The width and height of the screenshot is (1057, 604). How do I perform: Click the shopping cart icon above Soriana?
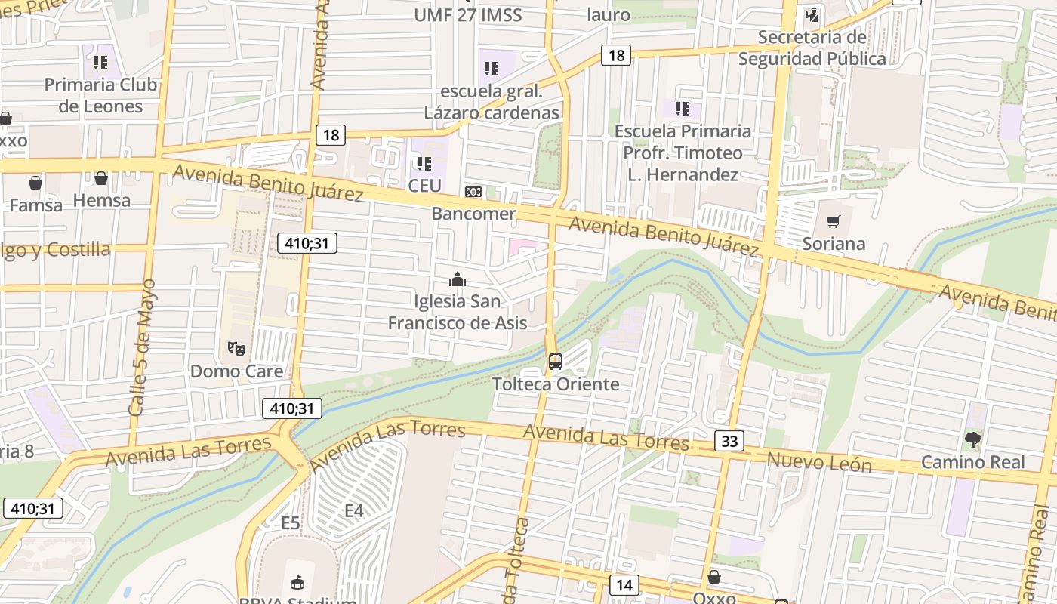[833, 221]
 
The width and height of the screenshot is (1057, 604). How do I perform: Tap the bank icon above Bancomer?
[473, 192]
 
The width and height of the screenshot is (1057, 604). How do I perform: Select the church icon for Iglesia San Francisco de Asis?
[457, 279]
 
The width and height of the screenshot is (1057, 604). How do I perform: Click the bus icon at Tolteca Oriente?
[556, 362]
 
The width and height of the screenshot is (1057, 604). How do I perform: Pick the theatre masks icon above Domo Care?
[236, 349]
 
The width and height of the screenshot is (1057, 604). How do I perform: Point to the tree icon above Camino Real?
[973, 439]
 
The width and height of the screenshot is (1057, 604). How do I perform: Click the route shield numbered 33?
[729, 440]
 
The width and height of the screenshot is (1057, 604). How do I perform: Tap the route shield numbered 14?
[624, 584]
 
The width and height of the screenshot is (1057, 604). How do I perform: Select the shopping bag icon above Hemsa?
[101, 178]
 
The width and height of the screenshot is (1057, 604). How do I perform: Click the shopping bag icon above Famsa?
[35, 182]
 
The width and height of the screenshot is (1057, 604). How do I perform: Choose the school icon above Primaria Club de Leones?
[100, 62]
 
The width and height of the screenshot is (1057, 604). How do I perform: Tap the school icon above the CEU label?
[424, 163]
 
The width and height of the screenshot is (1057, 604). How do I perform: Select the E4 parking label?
[354, 511]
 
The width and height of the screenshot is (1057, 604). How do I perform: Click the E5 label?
[291, 523]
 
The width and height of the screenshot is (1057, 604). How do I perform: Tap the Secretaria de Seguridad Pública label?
[812, 48]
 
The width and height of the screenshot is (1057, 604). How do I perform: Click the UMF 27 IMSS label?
[467, 14]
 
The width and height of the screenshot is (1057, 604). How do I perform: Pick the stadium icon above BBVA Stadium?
[297, 582]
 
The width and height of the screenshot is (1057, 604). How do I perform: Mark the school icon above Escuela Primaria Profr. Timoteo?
[683, 109]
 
